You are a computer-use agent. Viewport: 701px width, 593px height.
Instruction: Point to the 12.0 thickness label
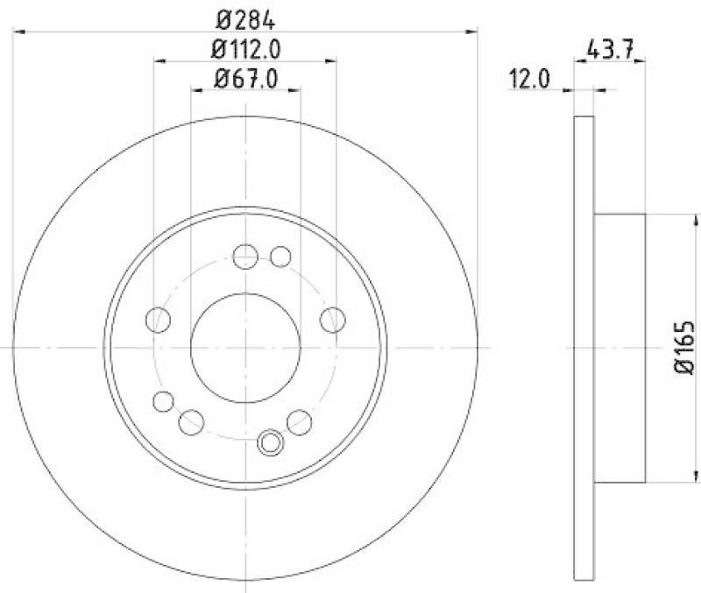pos(528,81)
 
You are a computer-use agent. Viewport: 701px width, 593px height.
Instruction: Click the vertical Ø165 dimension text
pos(685,348)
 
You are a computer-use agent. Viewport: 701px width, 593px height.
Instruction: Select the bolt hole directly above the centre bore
pos(246,257)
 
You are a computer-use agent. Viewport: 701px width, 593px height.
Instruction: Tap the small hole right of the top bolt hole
pos(280,257)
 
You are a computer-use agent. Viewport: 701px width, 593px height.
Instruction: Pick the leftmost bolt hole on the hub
pos(159,320)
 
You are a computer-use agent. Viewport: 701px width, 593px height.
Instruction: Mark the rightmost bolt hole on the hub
pos(332,320)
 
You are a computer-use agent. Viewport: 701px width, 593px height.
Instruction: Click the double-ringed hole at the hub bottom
pos(270,441)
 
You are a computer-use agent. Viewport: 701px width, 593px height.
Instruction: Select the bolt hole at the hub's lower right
pos(300,421)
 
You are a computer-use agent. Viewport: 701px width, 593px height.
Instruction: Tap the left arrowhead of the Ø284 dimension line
pos(19,32)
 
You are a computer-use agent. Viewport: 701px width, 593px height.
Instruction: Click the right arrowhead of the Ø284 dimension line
pos(474,32)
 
